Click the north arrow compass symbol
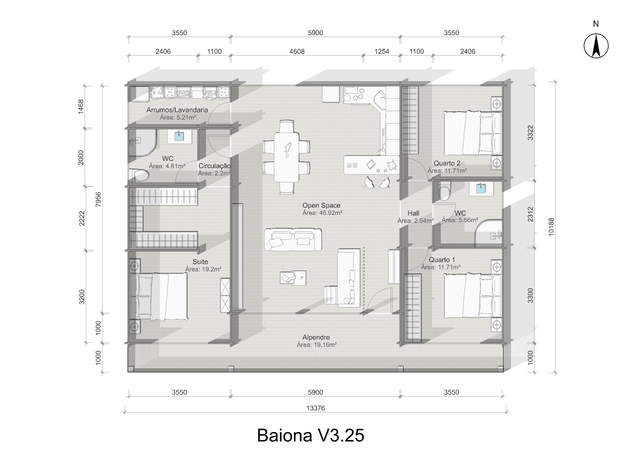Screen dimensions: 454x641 (x=596, y=46)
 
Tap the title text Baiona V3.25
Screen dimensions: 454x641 (x=310, y=435)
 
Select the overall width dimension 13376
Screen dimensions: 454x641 (x=315, y=408)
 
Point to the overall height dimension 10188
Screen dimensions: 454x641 (x=551, y=227)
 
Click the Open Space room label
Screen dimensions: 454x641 (x=321, y=206)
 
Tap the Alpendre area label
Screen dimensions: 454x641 (x=316, y=345)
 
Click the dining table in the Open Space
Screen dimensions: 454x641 (x=287, y=157)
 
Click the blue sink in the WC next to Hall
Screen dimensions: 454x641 (x=481, y=189)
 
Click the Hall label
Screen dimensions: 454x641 (x=413, y=213)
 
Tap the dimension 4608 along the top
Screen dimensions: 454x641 (x=297, y=52)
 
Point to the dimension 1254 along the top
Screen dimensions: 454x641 (x=381, y=52)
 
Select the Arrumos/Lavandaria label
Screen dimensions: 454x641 (x=177, y=110)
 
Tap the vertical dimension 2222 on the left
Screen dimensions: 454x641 (x=81, y=218)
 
